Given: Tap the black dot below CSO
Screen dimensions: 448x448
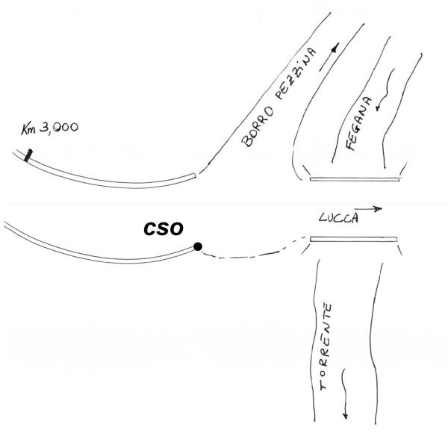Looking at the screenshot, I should (197, 246).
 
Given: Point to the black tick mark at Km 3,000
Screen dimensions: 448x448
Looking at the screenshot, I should (28, 156).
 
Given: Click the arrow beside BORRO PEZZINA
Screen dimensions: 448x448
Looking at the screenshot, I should (329, 57).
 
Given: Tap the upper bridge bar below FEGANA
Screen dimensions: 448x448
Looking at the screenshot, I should (354, 179).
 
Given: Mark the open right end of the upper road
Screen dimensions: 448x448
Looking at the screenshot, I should (196, 176).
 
